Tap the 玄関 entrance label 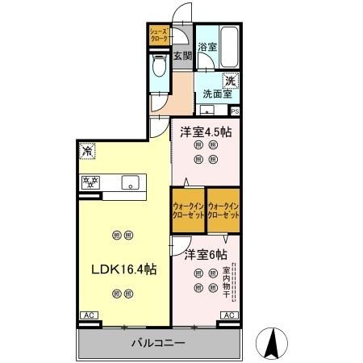(x=182, y=56)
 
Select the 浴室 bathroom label (x=207, y=48)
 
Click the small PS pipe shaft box (x=235, y=111)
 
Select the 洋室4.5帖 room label (x=205, y=131)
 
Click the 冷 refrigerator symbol (x=86, y=150)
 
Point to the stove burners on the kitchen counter (x=90, y=182)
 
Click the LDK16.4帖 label (x=123, y=269)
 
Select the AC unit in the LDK (x=87, y=316)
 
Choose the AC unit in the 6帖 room (x=228, y=315)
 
